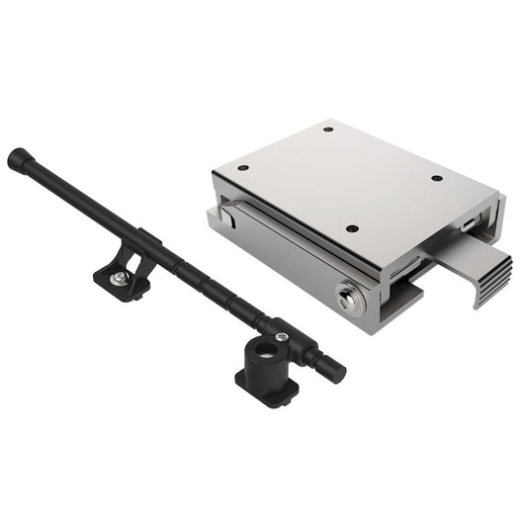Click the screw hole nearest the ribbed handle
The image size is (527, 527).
(435, 179)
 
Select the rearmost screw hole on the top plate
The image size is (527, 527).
(326, 130)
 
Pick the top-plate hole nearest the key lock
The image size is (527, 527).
(352, 229)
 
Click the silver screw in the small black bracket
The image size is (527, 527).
(118, 281)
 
